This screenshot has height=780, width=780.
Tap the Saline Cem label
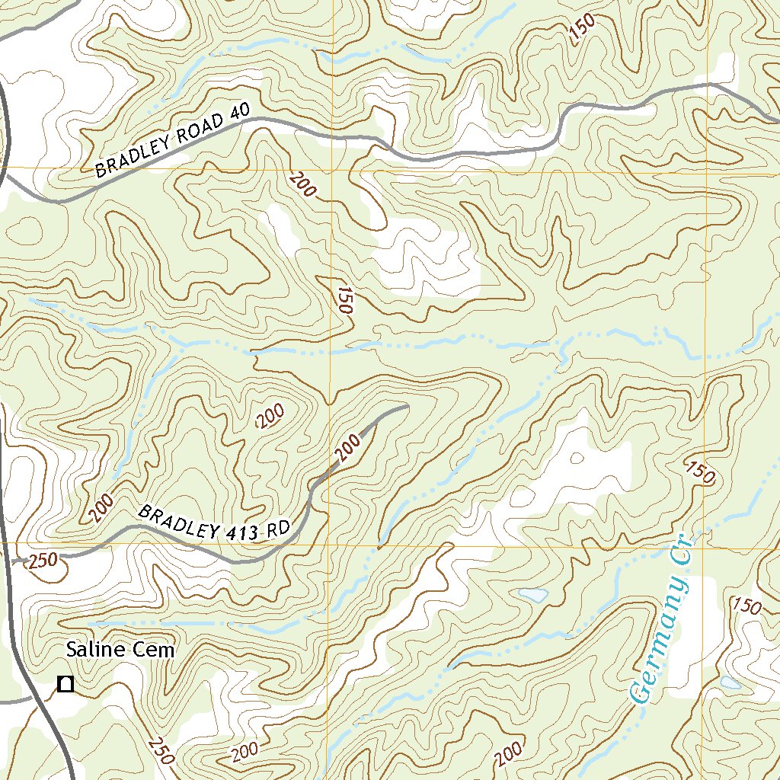point(120,650)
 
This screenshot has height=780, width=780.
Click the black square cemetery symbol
point(66,684)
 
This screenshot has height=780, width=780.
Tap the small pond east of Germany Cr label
point(730,682)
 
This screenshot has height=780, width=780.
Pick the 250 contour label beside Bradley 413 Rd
point(42,562)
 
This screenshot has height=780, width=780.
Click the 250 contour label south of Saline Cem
point(162,751)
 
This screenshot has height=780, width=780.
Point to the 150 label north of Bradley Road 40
point(581,29)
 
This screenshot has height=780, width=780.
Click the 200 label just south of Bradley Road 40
point(302,184)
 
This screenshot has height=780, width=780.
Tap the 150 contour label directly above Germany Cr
point(700,472)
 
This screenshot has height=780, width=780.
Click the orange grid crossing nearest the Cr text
point(706,545)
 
